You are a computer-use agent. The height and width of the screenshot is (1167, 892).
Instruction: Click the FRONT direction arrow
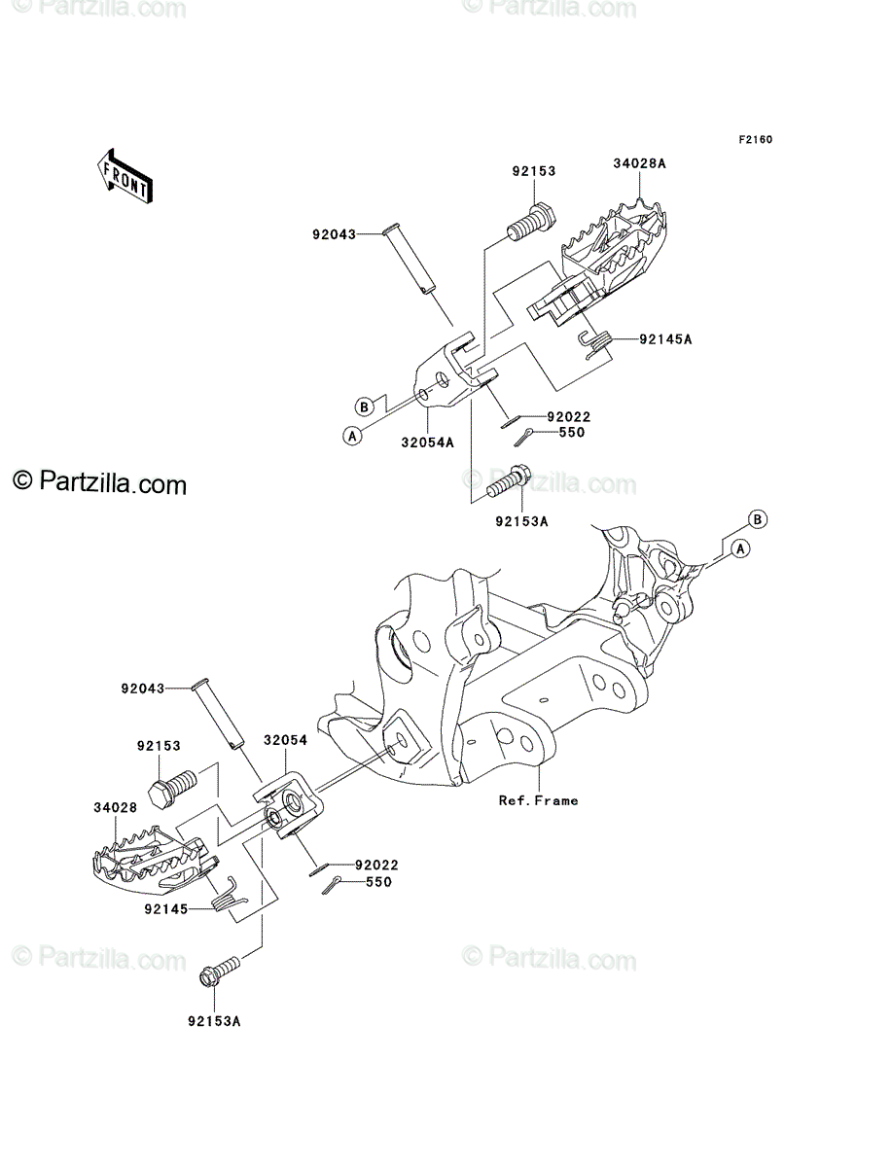[125, 176]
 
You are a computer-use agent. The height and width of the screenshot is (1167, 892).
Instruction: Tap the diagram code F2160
[755, 140]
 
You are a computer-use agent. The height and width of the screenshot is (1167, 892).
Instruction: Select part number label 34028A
[639, 163]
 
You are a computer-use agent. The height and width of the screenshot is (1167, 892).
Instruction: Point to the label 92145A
[665, 339]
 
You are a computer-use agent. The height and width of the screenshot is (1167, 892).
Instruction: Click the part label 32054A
[428, 442]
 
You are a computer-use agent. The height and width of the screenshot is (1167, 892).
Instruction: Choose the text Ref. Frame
[538, 800]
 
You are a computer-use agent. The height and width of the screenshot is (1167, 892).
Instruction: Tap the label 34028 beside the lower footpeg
[116, 807]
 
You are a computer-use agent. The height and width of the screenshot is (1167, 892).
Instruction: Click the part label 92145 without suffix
[166, 909]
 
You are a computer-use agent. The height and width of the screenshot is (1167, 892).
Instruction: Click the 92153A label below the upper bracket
[522, 521]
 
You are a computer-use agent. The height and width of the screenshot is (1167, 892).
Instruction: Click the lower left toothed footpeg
[154, 857]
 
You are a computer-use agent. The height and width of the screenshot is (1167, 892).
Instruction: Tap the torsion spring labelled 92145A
[596, 344]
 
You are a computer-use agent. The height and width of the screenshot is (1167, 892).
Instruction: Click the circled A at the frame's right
[740, 548]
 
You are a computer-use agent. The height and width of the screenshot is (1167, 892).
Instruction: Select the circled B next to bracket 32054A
[364, 407]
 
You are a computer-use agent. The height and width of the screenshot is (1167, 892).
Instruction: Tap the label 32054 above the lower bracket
[285, 740]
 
